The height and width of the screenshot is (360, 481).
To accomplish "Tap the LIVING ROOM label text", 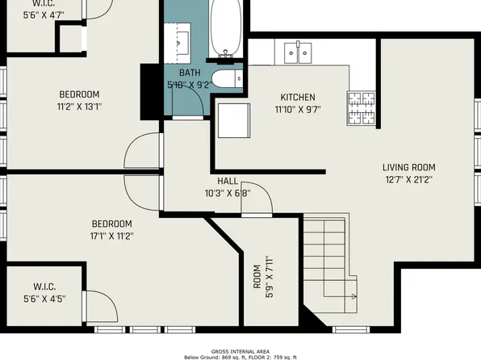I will (x=408, y=168).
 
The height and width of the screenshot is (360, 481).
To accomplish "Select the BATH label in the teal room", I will (x=189, y=73).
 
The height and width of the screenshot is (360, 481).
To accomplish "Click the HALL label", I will (x=228, y=181).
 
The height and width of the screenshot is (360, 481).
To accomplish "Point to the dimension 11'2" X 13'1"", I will (x=78, y=106).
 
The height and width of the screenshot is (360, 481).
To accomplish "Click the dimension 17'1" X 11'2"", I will (x=111, y=236).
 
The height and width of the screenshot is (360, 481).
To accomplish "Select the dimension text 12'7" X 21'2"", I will (x=408, y=180).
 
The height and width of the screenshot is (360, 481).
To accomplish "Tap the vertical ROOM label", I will (x=257, y=276).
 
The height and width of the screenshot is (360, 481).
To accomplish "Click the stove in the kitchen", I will (x=362, y=108).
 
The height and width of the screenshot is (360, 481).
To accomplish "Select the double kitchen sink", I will (x=299, y=52).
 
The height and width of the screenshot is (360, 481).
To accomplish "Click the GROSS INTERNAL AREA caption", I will (x=240, y=351).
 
